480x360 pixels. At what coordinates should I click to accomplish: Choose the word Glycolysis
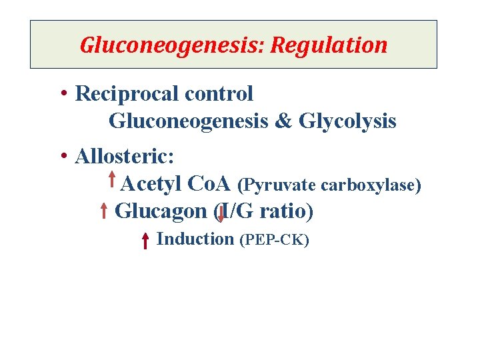pyautogui.click(x=348, y=121)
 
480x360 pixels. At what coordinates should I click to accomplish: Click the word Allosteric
pyautogui.click(x=125, y=157)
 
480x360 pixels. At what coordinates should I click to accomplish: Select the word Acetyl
pyautogui.click(x=153, y=183)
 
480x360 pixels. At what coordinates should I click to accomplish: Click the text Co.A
pyautogui.click(x=210, y=183)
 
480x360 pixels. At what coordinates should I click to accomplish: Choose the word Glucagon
pyautogui.click(x=161, y=211)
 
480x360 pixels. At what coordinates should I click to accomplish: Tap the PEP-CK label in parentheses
pyautogui.click(x=274, y=240)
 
